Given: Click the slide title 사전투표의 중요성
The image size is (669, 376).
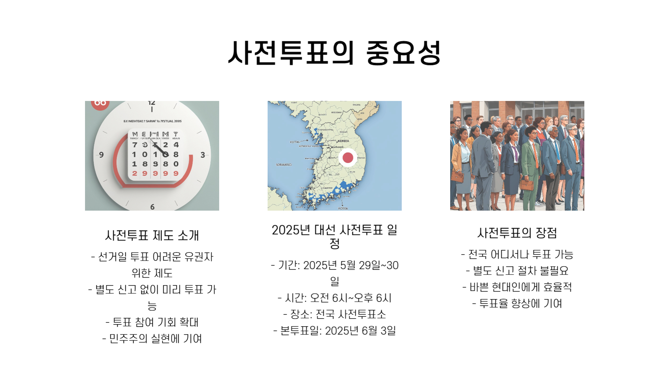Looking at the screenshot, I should pos(334,53).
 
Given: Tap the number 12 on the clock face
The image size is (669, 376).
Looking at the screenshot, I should pos(152,103).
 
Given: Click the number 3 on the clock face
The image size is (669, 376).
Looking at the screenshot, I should pos(202,155).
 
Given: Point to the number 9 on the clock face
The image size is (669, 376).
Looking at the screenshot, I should pos(101,155).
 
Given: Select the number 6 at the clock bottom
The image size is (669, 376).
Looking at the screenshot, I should pos(152,207).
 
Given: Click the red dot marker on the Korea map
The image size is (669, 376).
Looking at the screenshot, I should pos(348,157).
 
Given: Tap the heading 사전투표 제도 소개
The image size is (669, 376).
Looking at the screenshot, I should pos(152,236).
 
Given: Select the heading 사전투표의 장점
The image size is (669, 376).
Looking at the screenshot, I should pos(517,233).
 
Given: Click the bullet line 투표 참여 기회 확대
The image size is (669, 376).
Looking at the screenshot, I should pos(152,322).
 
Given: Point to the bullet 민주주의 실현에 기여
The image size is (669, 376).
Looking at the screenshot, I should pos(152,338).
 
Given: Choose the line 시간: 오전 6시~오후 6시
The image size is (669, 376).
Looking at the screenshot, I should pos(334,298).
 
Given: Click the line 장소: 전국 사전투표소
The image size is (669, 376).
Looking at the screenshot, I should pos(334,314).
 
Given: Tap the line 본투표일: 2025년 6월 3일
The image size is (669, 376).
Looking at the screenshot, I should pos(334,331).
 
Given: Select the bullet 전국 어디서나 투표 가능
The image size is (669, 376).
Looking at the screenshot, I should pos(517,254).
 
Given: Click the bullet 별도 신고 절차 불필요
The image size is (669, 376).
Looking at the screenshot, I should pos(517,271).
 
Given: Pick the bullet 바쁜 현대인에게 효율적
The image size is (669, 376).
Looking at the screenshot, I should pos(517,287).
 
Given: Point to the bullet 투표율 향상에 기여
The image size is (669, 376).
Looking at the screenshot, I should pos(517,304).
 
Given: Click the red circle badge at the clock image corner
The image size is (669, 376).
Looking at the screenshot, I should pos(100,104).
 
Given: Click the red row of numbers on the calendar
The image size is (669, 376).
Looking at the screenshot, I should pos(155,173).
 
